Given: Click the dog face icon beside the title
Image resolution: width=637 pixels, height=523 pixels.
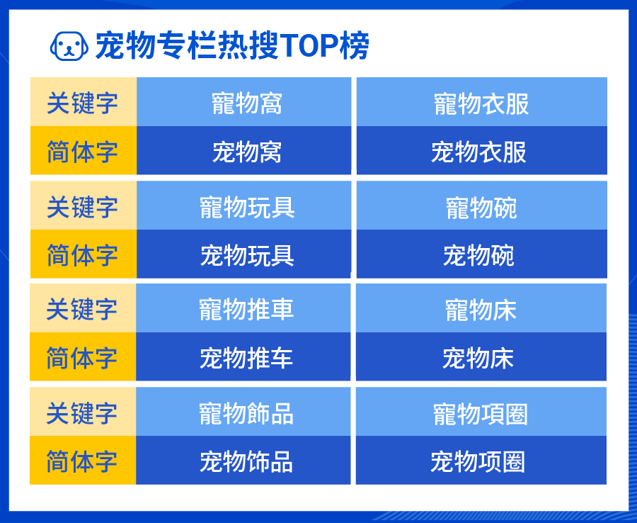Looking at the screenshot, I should [69, 47].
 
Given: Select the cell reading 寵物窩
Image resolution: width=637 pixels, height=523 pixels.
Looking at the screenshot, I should [243, 103].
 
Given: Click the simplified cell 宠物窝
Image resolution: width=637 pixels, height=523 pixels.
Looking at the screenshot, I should [243, 151].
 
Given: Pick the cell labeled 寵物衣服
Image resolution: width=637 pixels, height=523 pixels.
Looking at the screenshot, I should [481, 103].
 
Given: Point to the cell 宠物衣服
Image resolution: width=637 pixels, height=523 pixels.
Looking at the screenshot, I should [481, 151].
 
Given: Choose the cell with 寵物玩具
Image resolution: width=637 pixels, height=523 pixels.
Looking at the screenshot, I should [243, 206].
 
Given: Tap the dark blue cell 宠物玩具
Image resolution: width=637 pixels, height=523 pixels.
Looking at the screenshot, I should [243, 254].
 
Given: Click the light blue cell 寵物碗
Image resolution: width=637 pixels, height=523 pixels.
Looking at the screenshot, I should [481, 206].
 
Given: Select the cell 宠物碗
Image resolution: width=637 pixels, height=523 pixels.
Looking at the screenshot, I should [481, 254].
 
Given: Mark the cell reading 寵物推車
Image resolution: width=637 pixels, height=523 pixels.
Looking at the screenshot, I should [243, 309].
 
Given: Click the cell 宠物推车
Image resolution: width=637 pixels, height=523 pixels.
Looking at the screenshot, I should [243, 357].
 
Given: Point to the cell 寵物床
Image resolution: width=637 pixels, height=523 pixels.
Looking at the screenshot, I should [481, 309].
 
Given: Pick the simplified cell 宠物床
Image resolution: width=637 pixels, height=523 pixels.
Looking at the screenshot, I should [481, 357].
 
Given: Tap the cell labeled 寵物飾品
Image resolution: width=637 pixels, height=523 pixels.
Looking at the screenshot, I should [243, 412].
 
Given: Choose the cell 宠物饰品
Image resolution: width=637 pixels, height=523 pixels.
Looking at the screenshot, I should [243, 461].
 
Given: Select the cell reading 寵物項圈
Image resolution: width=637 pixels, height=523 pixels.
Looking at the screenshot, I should [481, 412].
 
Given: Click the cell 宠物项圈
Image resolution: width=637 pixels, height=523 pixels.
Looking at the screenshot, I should [481, 461].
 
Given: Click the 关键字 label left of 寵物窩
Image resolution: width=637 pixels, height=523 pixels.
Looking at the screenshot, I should [83, 103].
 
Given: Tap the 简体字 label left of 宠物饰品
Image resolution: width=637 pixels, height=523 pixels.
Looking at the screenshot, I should [83, 461].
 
